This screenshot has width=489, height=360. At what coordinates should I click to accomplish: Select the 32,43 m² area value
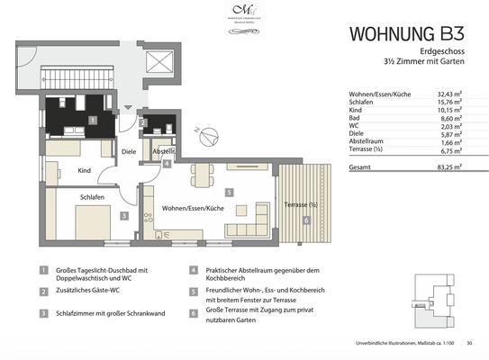point(447,94)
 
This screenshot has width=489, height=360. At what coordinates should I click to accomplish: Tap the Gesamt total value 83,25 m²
point(447,167)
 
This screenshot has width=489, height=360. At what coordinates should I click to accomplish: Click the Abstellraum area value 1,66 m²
point(448,144)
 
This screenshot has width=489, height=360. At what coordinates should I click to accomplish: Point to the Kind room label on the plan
point(86,170)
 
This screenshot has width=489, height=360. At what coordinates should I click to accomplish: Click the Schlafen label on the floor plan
point(92,197)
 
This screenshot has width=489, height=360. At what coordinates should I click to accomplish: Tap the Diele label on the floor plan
point(129,152)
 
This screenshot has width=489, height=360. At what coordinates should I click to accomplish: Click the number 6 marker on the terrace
point(306,220)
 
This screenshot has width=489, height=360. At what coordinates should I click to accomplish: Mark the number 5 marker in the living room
point(230,192)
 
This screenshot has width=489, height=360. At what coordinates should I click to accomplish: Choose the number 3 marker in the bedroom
point(124,216)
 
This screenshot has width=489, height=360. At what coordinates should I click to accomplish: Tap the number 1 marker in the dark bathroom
point(93,119)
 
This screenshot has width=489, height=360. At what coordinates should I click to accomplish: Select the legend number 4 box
point(193,269)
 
